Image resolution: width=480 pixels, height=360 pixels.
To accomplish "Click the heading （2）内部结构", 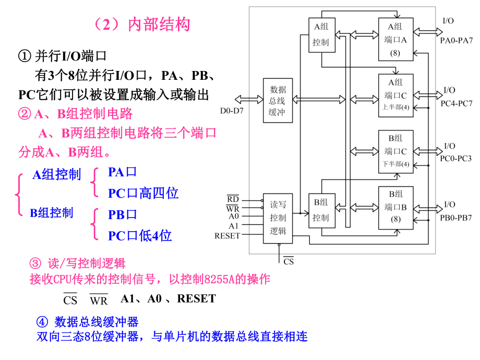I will [139, 25].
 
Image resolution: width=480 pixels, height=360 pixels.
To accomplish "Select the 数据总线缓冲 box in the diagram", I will [278, 101].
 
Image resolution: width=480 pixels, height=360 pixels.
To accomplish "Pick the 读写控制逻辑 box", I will [278, 217].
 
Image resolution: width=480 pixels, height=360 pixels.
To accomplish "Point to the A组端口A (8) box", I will [395, 39].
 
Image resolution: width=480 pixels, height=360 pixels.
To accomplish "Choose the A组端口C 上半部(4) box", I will [395, 95].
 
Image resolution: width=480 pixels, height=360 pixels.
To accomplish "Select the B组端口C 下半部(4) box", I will [395, 151].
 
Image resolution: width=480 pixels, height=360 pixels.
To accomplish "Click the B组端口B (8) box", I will [395, 207].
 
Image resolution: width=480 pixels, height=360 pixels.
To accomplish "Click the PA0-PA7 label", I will [456, 40].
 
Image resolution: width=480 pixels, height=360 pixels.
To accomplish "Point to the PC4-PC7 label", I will [456, 103].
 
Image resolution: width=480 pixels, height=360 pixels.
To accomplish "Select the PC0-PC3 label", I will [456, 158].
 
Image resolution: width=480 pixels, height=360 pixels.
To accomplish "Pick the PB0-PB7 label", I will [456, 217].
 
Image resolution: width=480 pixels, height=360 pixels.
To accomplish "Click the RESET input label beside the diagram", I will [227, 235].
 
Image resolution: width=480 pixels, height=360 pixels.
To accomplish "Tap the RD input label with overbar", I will [233, 199].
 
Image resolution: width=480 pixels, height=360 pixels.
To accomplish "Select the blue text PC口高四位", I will [143, 194].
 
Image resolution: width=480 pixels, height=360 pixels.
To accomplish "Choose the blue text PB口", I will [122, 214].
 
